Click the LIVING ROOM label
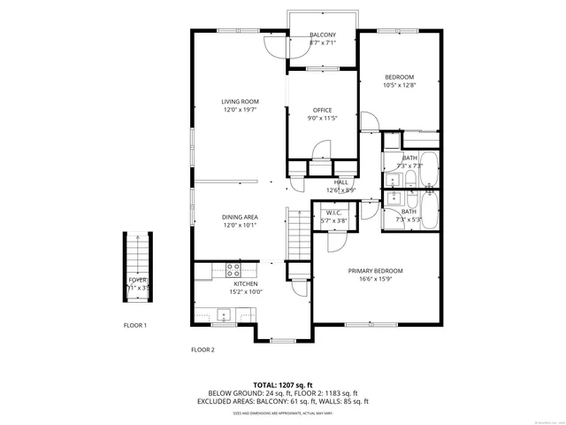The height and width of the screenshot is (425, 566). pyautogui.click(x=240, y=102)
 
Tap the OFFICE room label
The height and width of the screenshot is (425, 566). pyautogui.click(x=322, y=110)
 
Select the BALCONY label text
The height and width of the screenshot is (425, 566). pyautogui.click(x=322, y=35)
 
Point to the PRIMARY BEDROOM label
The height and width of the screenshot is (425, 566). pyautogui.click(x=375, y=270)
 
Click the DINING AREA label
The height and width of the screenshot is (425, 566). pyautogui.click(x=240, y=217)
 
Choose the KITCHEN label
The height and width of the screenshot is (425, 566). pyautogui.click(x=246, y=283)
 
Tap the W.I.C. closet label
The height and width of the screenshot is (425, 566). pyautogui.click(x=334, y=212)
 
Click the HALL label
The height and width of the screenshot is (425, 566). pyautogui.click(x=340, y=182)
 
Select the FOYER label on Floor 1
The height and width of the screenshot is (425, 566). pyautogui.click(x=137, y=280)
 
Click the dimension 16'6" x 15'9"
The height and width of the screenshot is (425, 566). pyautogui.click(x=375, y=279)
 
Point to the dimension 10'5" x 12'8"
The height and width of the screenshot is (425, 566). pyautogui.click(x=399, y=86)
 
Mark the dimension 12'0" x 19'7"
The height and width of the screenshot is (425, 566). pyautogui.click(x=240, y=111)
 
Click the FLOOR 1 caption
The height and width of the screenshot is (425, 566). pyautogui.click(x=134, y=326)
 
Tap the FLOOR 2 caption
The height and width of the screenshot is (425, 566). pyautogui.click(x=203, y=350)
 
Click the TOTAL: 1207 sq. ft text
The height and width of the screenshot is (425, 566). pyautogui.click(x=283, y=385)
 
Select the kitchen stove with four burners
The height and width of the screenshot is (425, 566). pyautogui.click(x=234, y=268)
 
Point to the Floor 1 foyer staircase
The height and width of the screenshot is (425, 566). pyautogui.click(x=137, y=257)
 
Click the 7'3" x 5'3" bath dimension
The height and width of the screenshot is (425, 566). pyautogui.click(x=409, y=220)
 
